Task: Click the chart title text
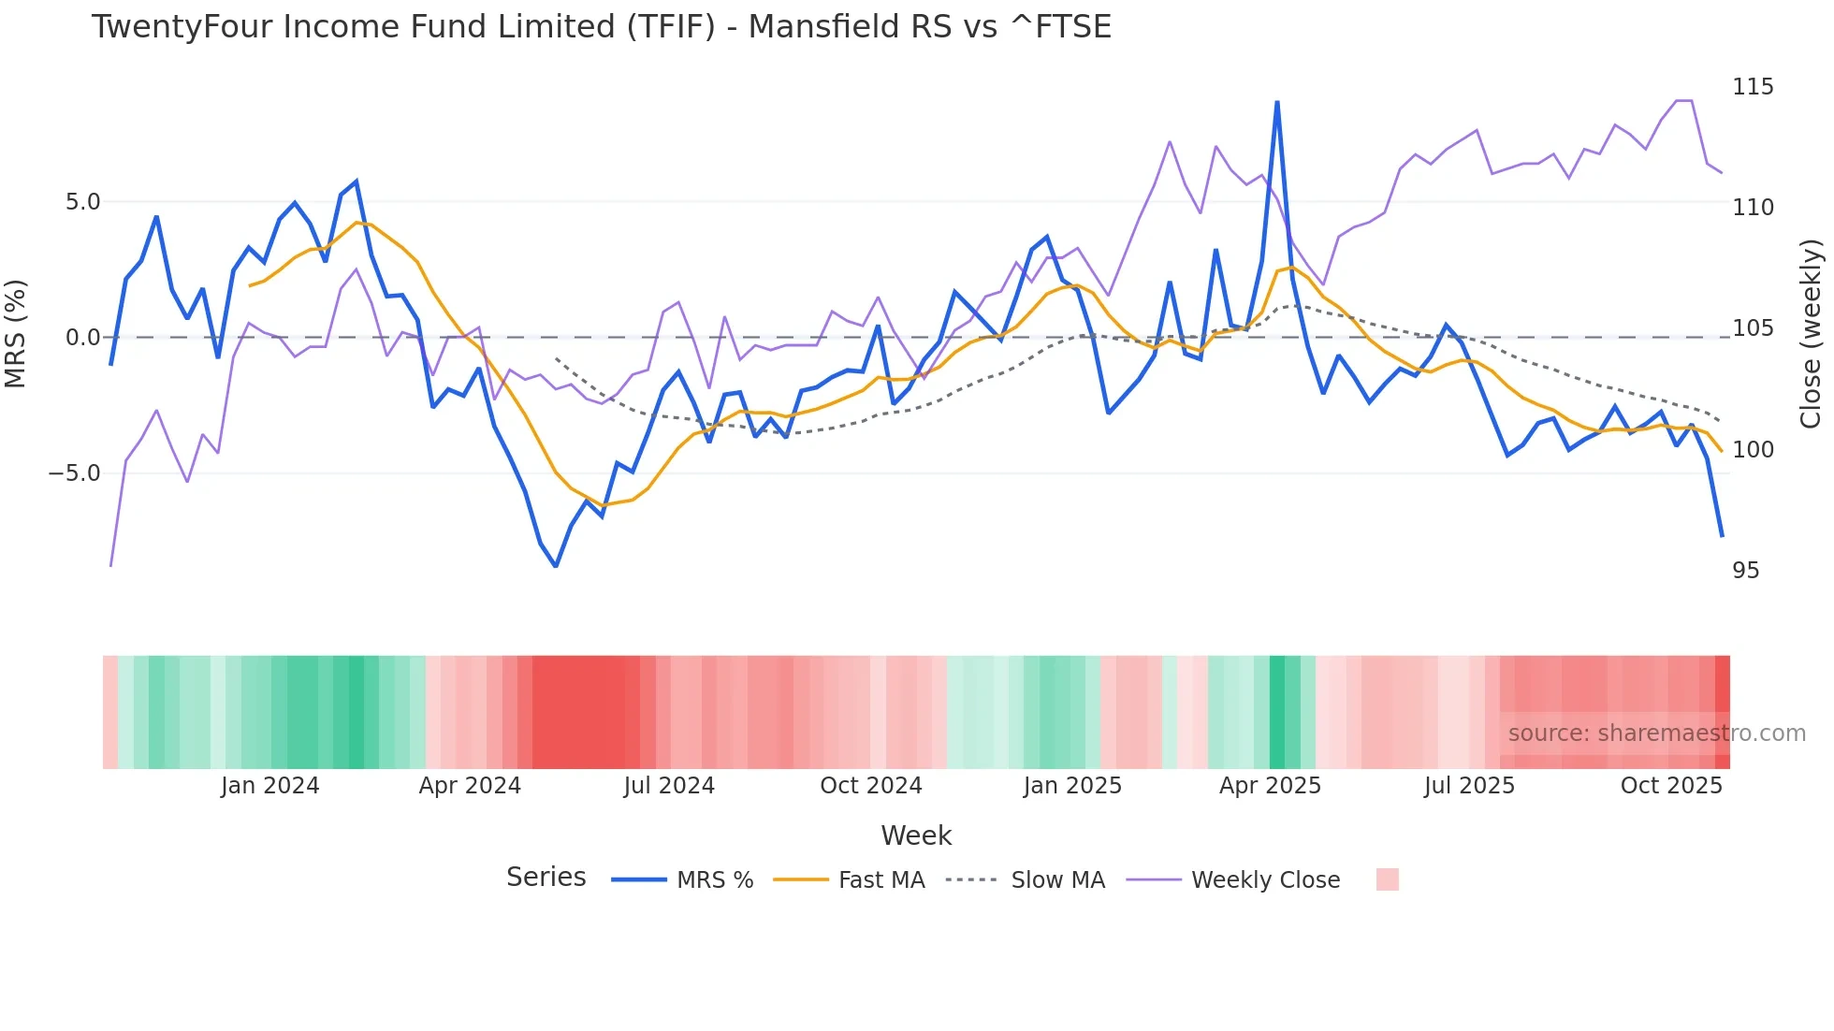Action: (x=601, y=27)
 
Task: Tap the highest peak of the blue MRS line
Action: (x=1277, y=102)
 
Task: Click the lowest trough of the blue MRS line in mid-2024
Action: (x=556, y=566)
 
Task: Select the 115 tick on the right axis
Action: (x=1753, y=87)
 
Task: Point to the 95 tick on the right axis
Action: (x=1745, y=571)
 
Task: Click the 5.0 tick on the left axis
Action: (x=82, y=202)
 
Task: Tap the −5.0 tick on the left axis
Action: (x=75, y=473)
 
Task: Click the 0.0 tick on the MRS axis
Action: (x=82, y=338)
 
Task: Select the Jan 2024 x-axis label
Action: (x=269, y=786)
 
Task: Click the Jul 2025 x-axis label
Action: (x=1469, y=786)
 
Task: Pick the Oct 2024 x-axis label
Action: (x=870, y=786)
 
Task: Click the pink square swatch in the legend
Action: (x=1388, y=879)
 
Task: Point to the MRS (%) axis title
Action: (x=16, y=333)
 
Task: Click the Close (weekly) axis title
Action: (x=1811, y=333)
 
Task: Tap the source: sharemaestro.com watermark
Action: (x=1656, y=733)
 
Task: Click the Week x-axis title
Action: (x=916, y=835)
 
